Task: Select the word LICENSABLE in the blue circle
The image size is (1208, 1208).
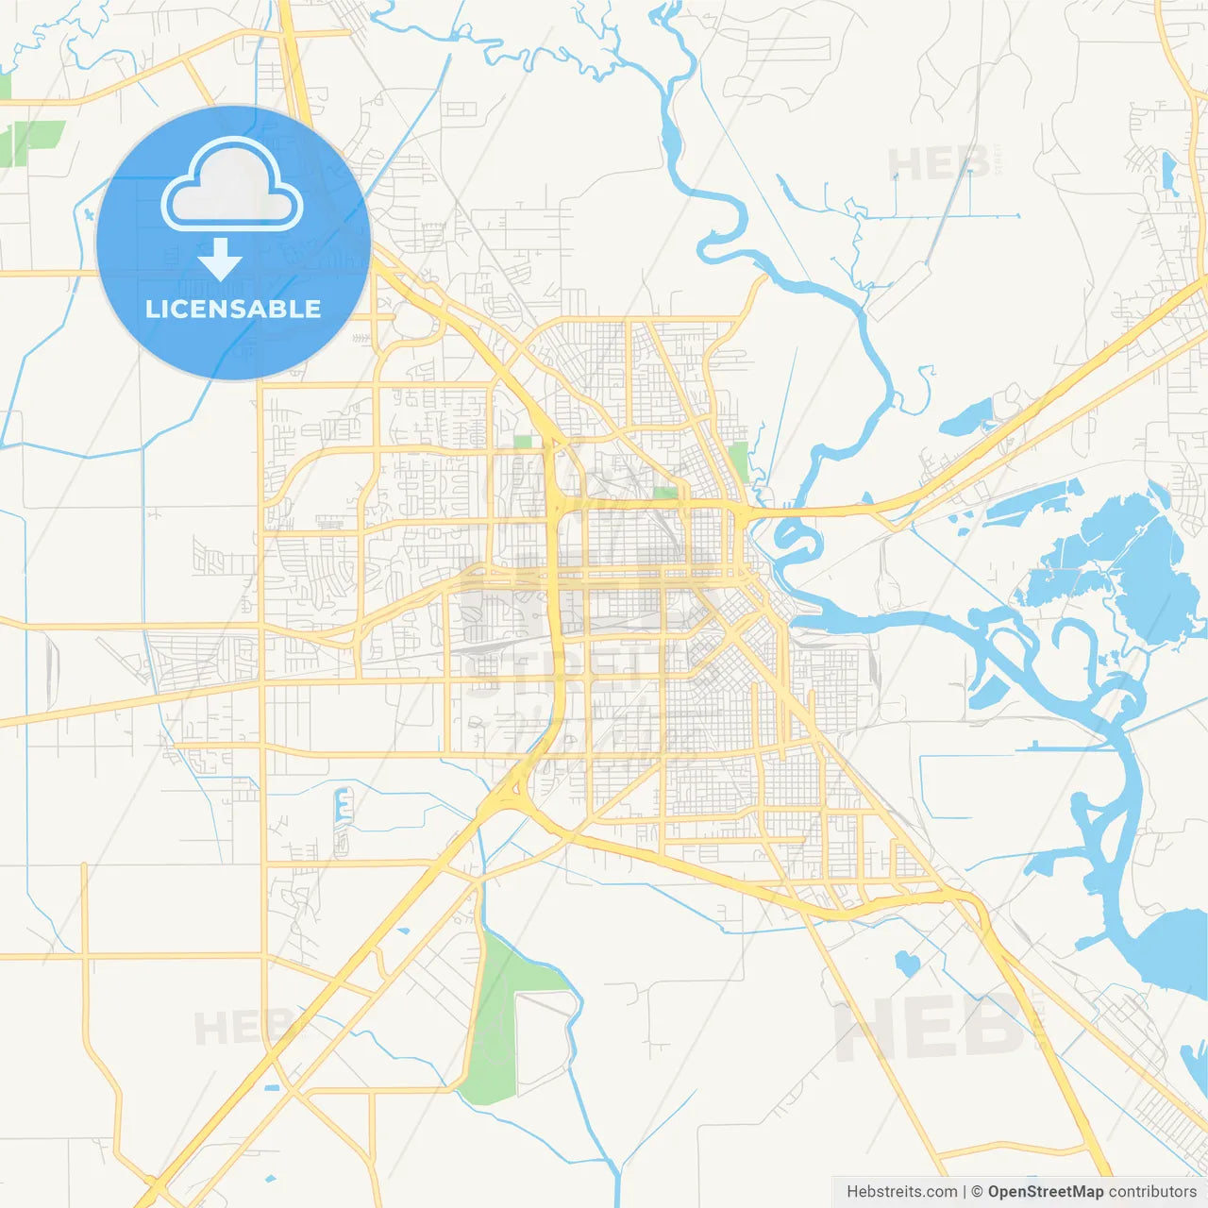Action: click(x=233, y=309)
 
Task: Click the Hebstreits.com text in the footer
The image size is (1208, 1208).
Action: click(x=901, y=1192)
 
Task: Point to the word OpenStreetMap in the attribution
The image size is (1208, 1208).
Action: click(x=1045, y=1192)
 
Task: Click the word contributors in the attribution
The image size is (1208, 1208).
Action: click(x=1152, y=1192)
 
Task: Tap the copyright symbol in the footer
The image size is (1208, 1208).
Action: click(x=977, y=1192)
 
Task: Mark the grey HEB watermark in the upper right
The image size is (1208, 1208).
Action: click(x=939, y=164)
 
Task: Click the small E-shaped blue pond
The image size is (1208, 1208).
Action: click(x=344, y=808)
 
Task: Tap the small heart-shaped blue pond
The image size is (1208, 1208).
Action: click(x=907, y=963)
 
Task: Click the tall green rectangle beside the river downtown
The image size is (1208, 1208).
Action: click(x=738, y=461)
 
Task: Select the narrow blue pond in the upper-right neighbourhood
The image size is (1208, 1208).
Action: click(x=1169, y=171)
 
